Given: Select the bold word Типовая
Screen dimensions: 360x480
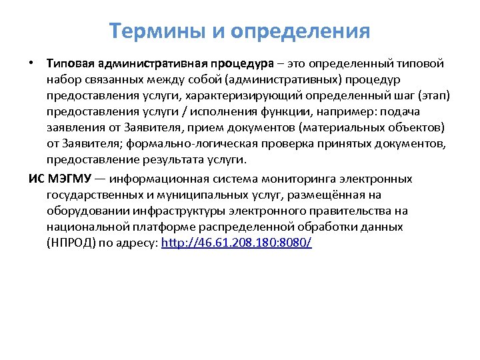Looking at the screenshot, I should tap(70, 64).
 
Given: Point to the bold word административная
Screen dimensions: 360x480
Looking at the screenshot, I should tap(151, 64).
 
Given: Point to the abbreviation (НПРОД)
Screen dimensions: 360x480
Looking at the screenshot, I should tap(70, 243).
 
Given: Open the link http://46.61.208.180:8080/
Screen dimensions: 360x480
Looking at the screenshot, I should tap(237, 243).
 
